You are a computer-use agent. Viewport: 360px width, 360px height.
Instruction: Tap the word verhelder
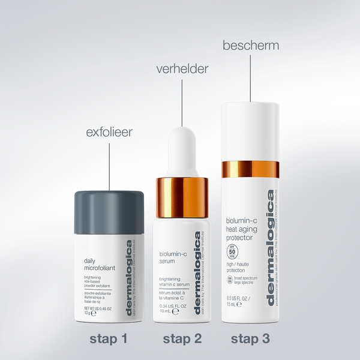pos(182,69)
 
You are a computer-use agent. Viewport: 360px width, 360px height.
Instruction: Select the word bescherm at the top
pos(251,45)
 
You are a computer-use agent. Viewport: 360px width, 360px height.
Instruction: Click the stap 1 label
pos(109,339)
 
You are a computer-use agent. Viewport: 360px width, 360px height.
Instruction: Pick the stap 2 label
pos(182,339)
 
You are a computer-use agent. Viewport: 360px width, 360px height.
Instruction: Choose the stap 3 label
pos(251,339)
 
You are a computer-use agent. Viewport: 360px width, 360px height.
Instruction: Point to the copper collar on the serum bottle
pos(182,197)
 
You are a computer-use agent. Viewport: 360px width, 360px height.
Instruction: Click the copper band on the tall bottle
pos(251,169)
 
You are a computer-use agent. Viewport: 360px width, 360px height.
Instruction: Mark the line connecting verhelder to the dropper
pos(182,102)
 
